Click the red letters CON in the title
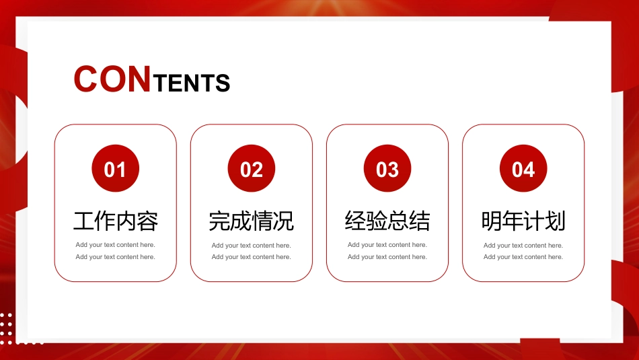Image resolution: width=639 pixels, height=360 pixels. (x=112, y=79)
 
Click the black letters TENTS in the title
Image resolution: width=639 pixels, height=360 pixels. (x=192, y=83)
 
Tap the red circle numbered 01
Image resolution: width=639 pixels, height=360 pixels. (x=115, y=168)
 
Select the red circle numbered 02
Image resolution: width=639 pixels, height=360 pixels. (x=252, y=168)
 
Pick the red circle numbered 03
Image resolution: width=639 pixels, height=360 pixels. (x=387, y=168)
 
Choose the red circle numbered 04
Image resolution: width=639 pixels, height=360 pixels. (x=523, y=168)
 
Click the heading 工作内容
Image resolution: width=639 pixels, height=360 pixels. (x=115, y=221)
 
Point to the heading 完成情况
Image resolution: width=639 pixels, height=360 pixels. (x=252, y=221)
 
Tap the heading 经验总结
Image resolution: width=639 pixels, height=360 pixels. (x=387, y=221)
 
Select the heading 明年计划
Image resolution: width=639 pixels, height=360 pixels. (x=523, y=221)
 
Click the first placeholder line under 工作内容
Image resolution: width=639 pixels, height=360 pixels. (x=115, y=245)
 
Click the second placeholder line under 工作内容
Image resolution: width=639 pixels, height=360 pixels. (x=115, y=257)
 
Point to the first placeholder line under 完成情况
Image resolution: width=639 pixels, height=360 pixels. (x=252, y=246)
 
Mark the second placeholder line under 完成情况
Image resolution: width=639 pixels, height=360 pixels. (x=252, y=257)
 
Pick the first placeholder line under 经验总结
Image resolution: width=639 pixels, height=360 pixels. (x=387, y=245)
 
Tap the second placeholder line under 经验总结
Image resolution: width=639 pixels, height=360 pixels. (x=387, y=257)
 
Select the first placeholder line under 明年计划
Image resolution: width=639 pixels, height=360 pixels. (x=523, y=246)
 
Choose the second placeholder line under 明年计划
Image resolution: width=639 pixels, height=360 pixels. (x=523, y=257)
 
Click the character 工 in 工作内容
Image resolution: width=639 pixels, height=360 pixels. (x=83, y=221)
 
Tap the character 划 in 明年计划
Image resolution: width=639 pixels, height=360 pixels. (x=556, y=221)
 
